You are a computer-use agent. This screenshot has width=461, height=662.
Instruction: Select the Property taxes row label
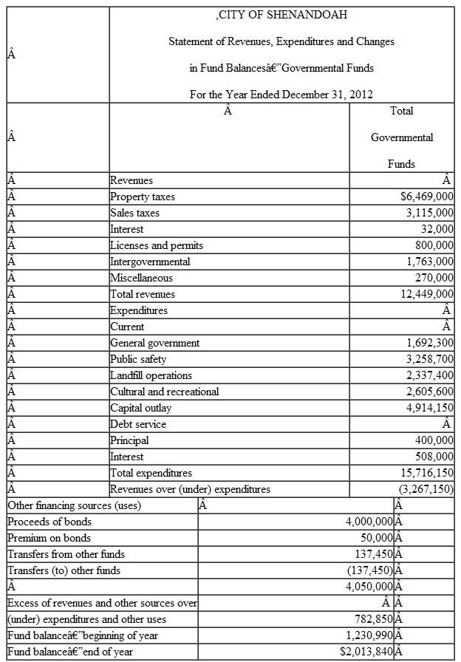pos(142,197)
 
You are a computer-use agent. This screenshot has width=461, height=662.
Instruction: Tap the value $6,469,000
pos(426,197)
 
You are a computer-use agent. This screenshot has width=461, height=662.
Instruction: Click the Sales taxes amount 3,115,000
pos(429,213)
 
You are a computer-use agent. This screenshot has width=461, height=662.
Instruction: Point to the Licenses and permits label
pos(156,245)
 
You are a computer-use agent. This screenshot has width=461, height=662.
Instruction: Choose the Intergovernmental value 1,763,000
pos(429,262)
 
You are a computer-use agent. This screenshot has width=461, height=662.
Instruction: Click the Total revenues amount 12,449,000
pos(427,294)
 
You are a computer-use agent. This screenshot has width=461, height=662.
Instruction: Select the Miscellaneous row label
pos(141,278)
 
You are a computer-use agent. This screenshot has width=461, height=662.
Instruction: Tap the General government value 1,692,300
pos(429,343)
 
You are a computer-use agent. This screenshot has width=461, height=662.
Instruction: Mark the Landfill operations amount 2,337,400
pos(429,375)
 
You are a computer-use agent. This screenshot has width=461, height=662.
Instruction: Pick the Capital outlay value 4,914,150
pos(429,408)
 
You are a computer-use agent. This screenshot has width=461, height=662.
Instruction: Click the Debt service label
pos(138,424)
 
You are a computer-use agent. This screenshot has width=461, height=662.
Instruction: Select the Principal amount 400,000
pos(435,440)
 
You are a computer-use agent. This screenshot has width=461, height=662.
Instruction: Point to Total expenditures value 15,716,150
pos(427,473)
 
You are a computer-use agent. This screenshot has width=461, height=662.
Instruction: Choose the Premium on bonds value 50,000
pos(375,538)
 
